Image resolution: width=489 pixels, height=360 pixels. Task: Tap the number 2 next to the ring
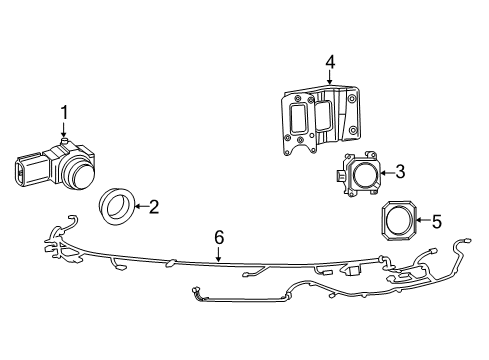153,207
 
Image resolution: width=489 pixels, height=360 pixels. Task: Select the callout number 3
399,172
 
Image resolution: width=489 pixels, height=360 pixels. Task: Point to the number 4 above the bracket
330,64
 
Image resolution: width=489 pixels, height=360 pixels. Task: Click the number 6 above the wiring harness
219,237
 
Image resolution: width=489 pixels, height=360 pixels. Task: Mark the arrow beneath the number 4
330,78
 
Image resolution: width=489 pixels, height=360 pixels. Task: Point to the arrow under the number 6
219,254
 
